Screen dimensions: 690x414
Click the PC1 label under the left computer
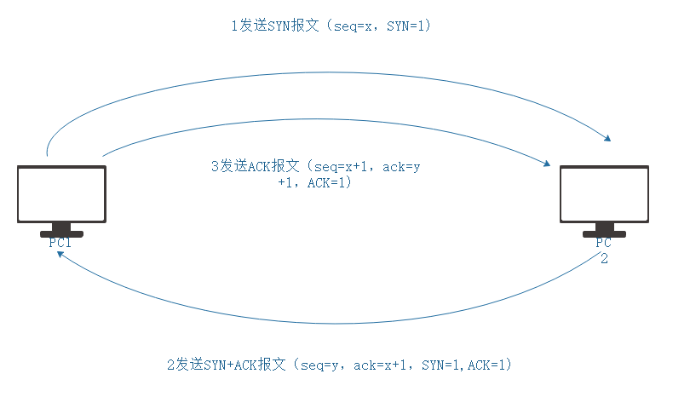(x=60, y=243)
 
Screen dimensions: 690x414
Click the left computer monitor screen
(x=61, y=193)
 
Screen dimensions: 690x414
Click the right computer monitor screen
(x=604, y=193)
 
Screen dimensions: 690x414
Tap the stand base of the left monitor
(x=61, y=233)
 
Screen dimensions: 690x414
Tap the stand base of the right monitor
(x=604, y=233)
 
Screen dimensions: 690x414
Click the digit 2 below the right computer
(x=604, y=259)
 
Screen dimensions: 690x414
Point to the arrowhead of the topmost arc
(x=608, y=139)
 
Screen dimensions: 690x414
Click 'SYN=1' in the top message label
(x=405, y=26)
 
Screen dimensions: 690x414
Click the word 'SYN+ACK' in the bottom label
(x=231, y=365)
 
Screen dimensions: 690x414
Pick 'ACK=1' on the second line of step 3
(x=325, y=182)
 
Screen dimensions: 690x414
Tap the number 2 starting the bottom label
(x=170, y=365)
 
